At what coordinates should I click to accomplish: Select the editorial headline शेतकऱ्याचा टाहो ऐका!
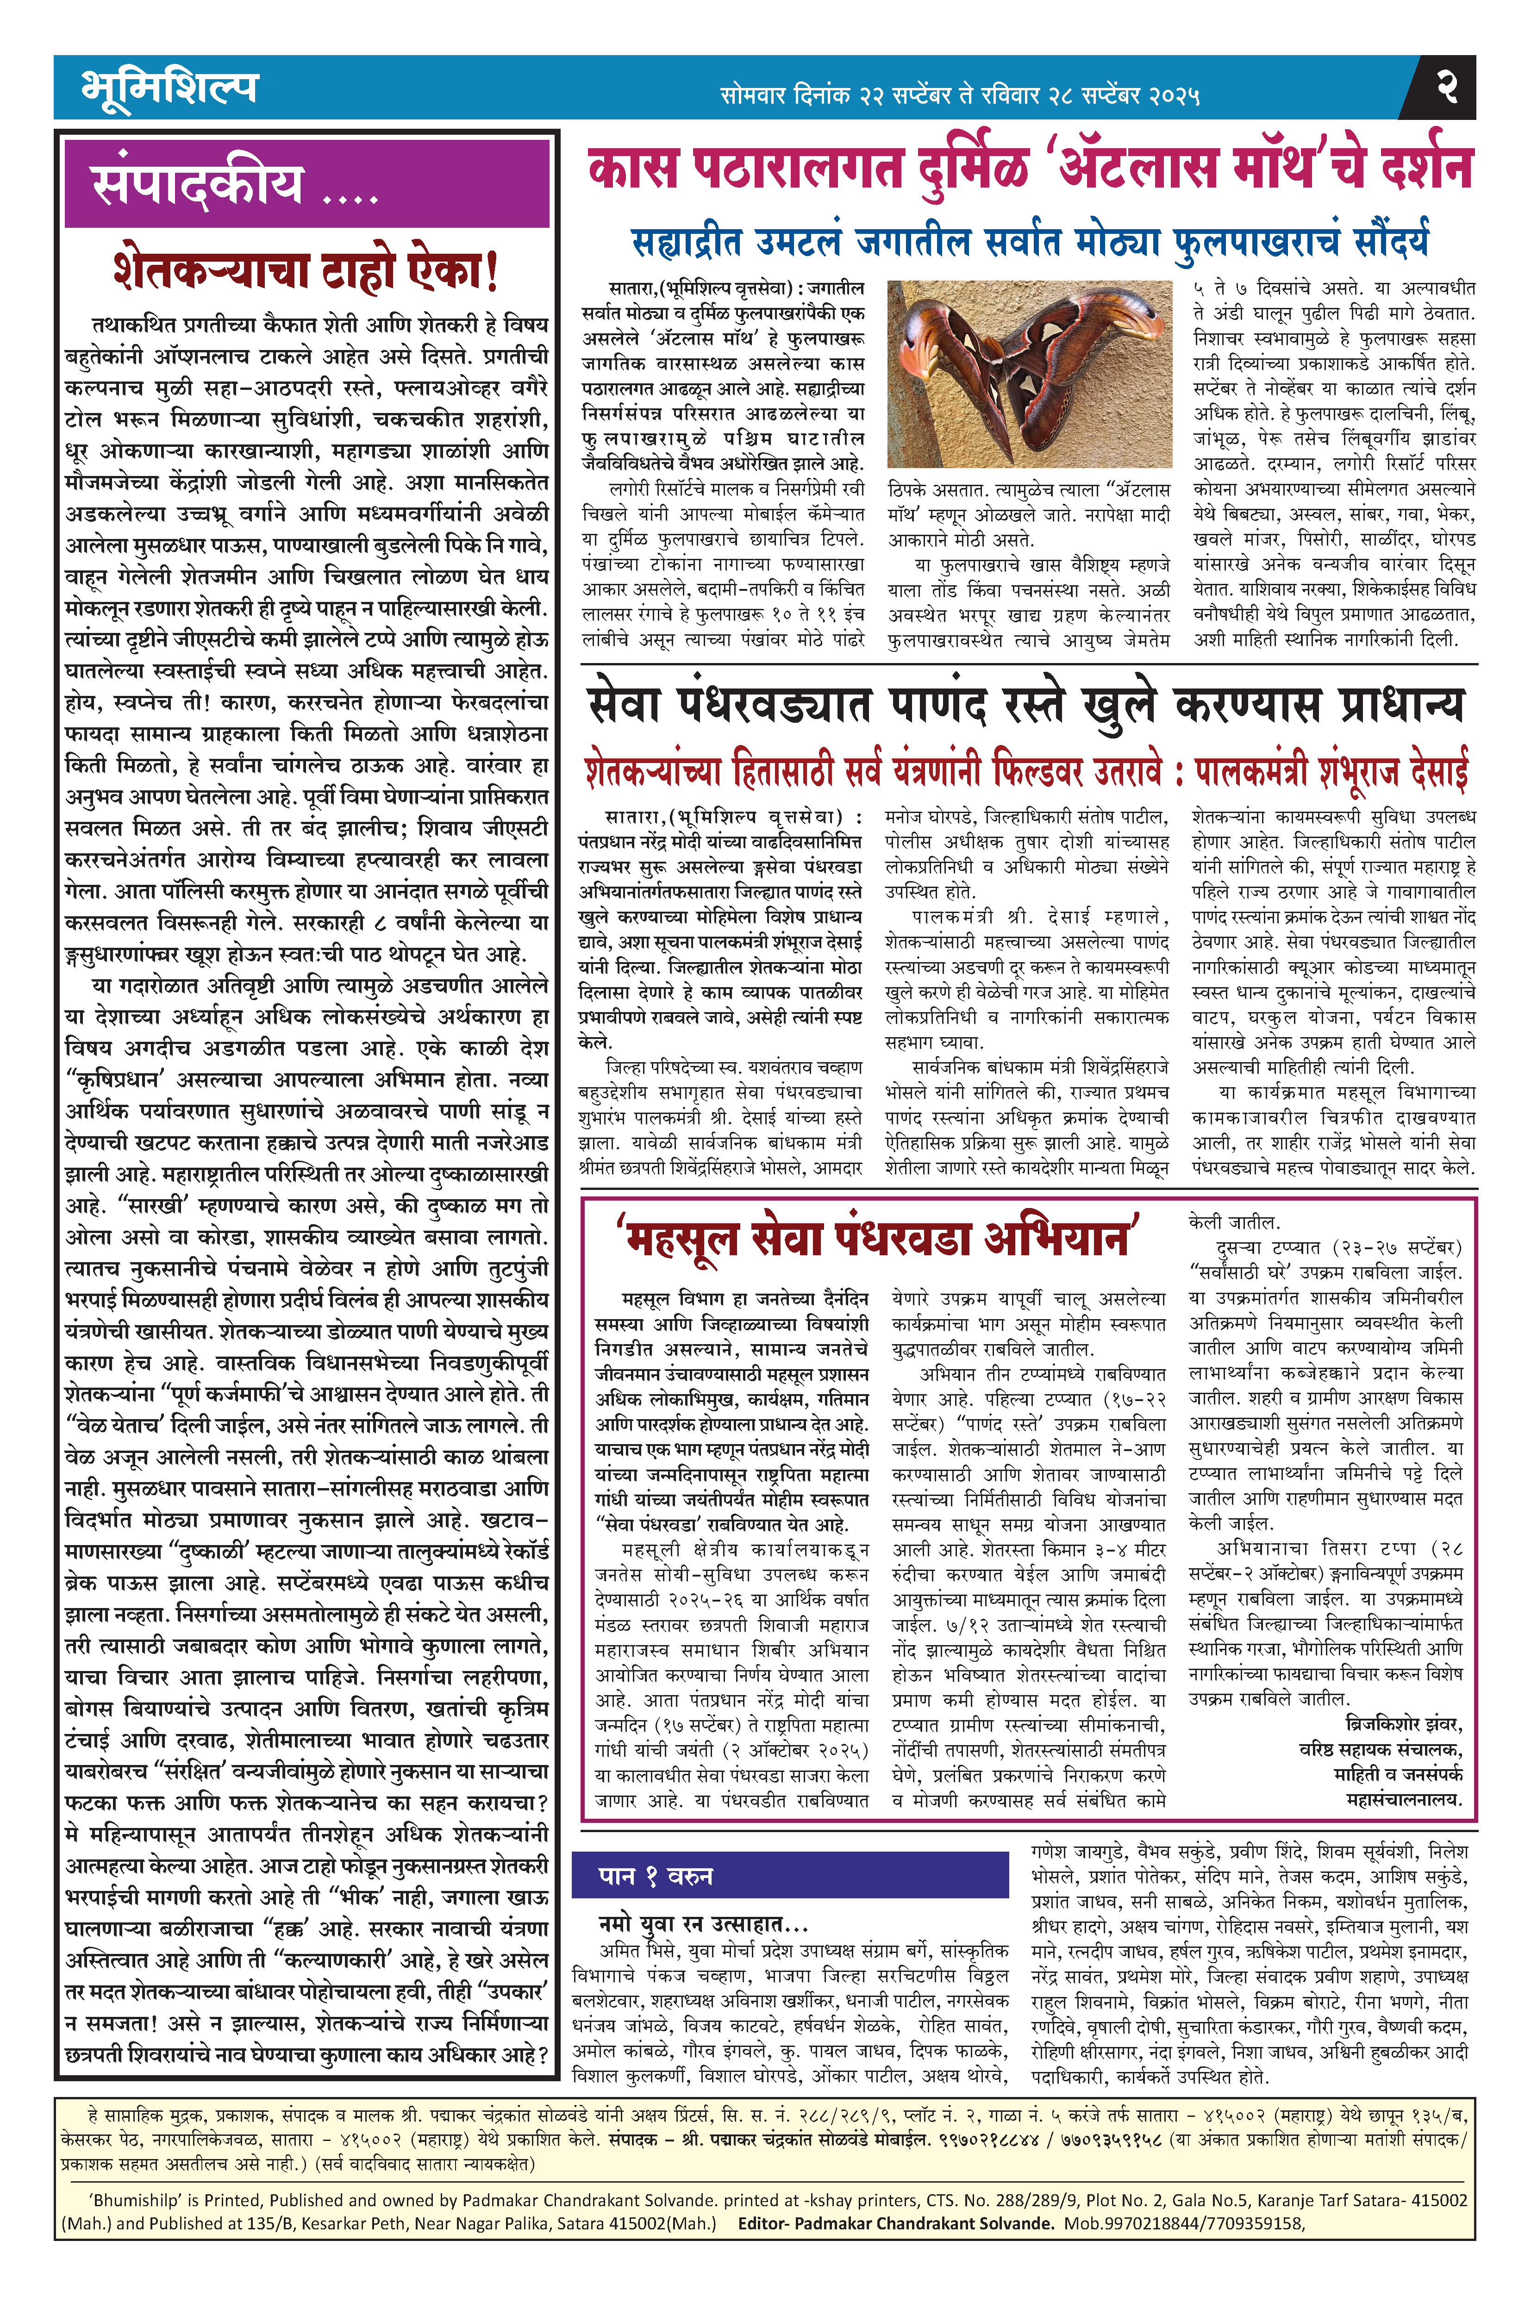[x=306, y=270]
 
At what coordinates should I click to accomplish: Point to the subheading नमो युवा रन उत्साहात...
[x=703, y=1923]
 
